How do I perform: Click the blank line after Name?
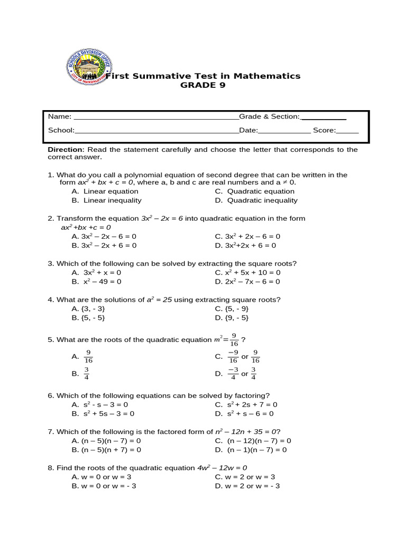[x=156, y=117]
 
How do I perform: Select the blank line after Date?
[x=284, y=130]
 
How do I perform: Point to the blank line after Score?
[x=347, y=130]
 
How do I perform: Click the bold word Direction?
[x=66, y=150]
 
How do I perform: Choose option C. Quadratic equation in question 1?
[x=255, y=192]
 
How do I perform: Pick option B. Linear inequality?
[x=106, y=201]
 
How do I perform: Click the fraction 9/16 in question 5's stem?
[x=234, y=340]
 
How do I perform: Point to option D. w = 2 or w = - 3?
[x=247, y=486]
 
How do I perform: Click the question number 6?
[x=50, y=396]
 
